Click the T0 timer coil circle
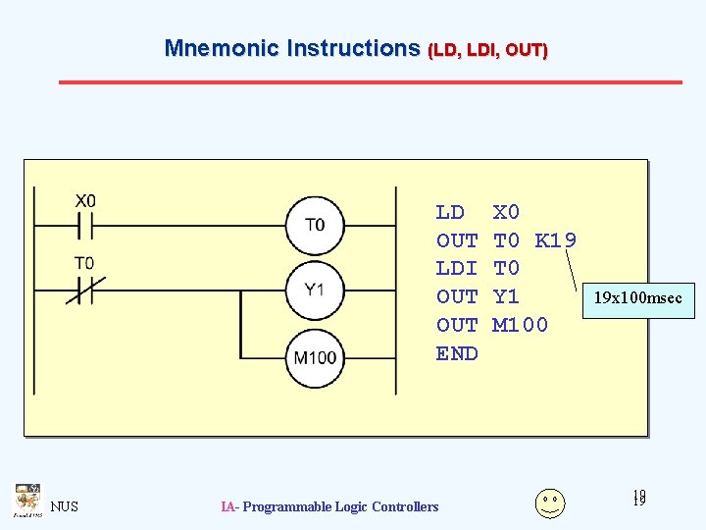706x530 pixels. coord(314,225)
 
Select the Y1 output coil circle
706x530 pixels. coord(314,290)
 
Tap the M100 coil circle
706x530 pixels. coord(315,356)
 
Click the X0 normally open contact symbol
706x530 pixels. coord(84,226)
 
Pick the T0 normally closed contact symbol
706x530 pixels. coord(84,290)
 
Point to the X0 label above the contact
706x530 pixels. coord(85,201)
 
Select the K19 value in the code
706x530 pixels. coord(556,240)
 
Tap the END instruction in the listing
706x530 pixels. coord(457,353)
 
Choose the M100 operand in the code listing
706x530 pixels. coord(520,325)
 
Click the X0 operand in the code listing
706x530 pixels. coord(506,212)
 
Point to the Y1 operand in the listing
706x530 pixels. coord(506,296)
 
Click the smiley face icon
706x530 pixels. coord(550,503)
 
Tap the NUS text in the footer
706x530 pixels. coord(65,506)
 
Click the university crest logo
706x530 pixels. coord(26,500)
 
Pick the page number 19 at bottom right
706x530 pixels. coord(639,500)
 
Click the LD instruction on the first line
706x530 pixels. coord(450,212)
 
